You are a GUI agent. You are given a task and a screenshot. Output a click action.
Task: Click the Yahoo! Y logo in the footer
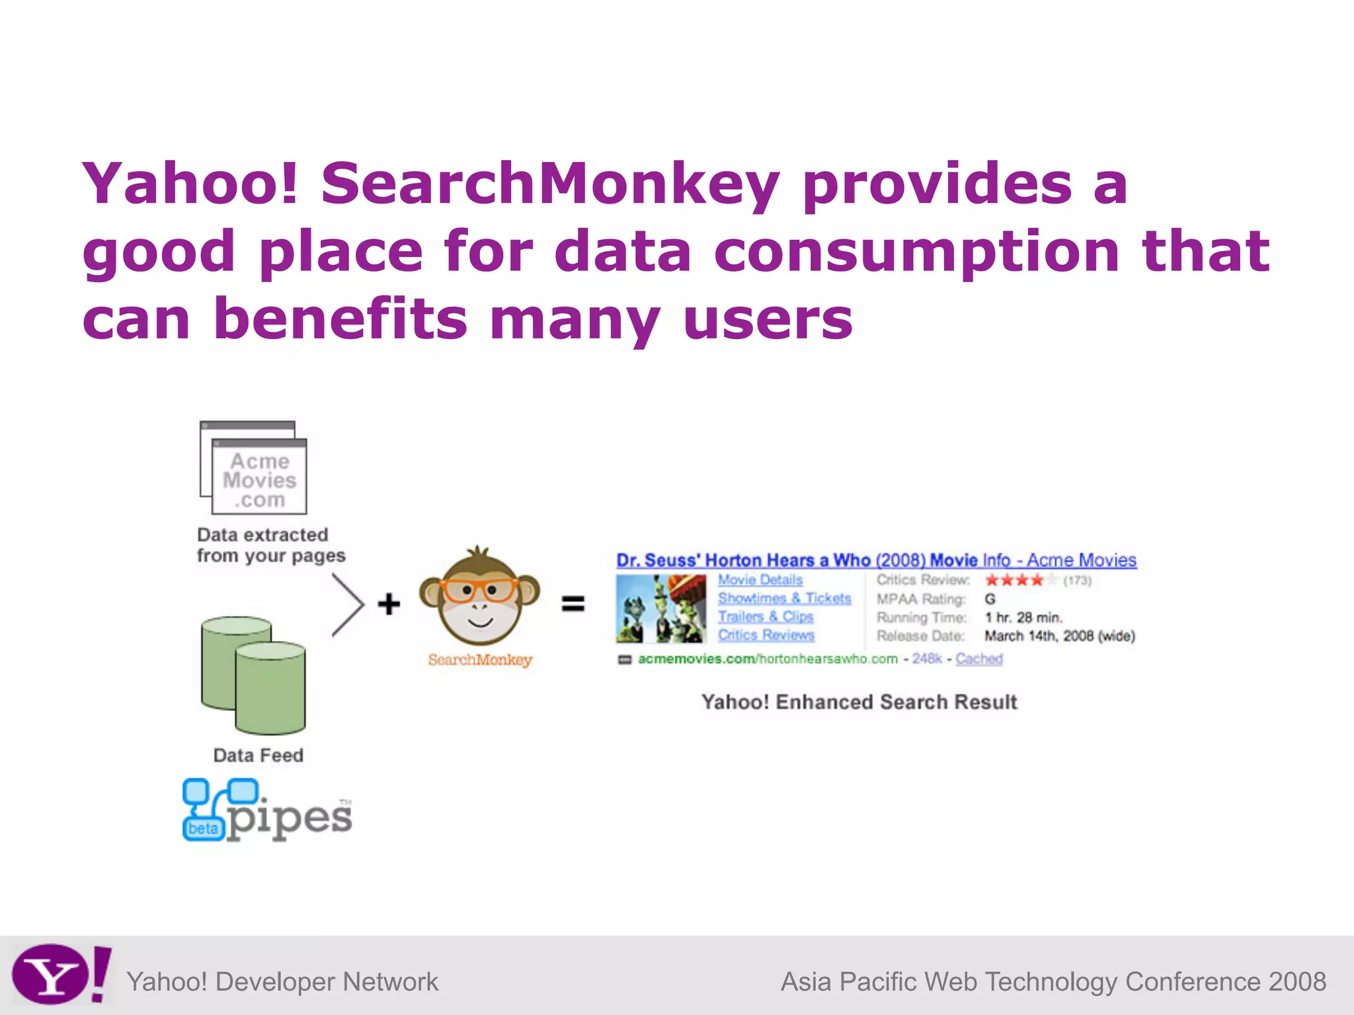pyautogui.click(x=60, y=975)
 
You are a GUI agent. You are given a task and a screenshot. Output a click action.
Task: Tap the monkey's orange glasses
pyautogui.click(x=479, y=589)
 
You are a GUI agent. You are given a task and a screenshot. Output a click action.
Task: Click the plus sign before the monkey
pyautogui.click(x=389, y=604)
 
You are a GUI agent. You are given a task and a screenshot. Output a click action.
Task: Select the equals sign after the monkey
pyautogui.click(x=573, y=604)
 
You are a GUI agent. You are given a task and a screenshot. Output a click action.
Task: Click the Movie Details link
pyautogui.click(x=760, y=580)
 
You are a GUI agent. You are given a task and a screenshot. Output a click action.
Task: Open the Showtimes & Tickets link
pyautogui.click(x=784, y=598)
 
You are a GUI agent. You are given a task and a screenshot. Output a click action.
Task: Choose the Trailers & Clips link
pyautogui.click(x=766, y=617)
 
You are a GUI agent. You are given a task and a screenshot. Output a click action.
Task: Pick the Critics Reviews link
pyautogui.click(x=766, y=635)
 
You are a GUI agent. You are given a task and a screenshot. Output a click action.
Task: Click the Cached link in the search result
pyautogui.click(x=978, y=659)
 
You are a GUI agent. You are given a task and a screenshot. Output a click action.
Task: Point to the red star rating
pyautogui.click(x=1014, y=580)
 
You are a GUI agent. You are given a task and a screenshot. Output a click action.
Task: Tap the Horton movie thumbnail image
pyautogui.click(x=660, y=609)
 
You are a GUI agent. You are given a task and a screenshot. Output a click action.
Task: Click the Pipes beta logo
pyautogui.click(x=267, y=810)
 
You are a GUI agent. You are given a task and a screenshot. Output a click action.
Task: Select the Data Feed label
pyautogui.click(x=258, y=755)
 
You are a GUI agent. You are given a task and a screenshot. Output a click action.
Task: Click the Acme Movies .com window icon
pyautogui.click(x=255, y=469)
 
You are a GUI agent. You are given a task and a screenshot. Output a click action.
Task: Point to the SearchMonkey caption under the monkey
pyautogui.click(x=480, y=659)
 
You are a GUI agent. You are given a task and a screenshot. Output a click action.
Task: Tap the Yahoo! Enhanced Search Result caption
pyautogui.click(x=859, y=702)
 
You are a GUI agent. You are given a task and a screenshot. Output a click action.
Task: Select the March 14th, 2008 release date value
pyautogui.click(x=1059, y=636)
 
